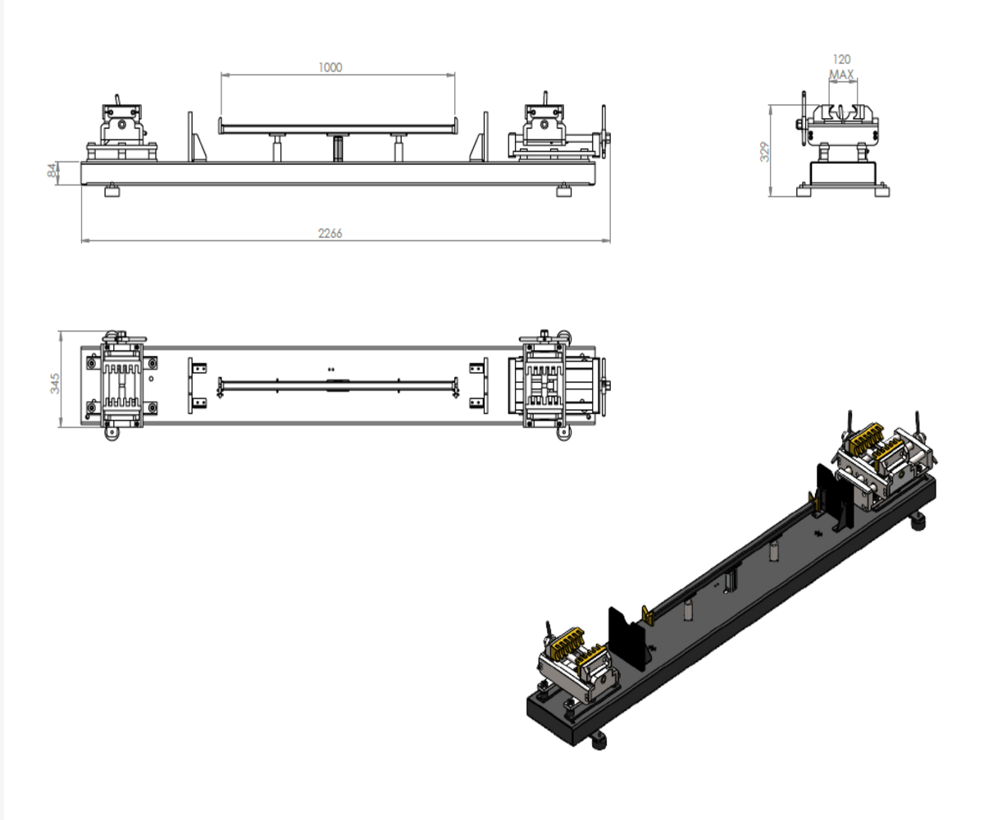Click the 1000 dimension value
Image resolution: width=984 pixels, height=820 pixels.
[x=330, y=67]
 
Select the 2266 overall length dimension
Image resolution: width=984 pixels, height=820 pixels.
[x=330, y=234]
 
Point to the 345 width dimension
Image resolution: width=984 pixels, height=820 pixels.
[x=54, y=382]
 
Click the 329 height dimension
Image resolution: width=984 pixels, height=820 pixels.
[x=764, y=152]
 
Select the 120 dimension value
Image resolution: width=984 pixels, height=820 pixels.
[x=841, y=59]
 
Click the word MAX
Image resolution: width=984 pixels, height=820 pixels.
[x=841, y=75]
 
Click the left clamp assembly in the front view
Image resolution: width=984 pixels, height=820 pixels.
[x=123, y=131]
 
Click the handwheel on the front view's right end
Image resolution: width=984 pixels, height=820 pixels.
[x=604, y=131]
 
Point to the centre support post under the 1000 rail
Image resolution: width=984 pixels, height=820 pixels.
[x=337, y=148]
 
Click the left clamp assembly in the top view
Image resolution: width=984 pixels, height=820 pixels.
[x=123, y=382]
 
